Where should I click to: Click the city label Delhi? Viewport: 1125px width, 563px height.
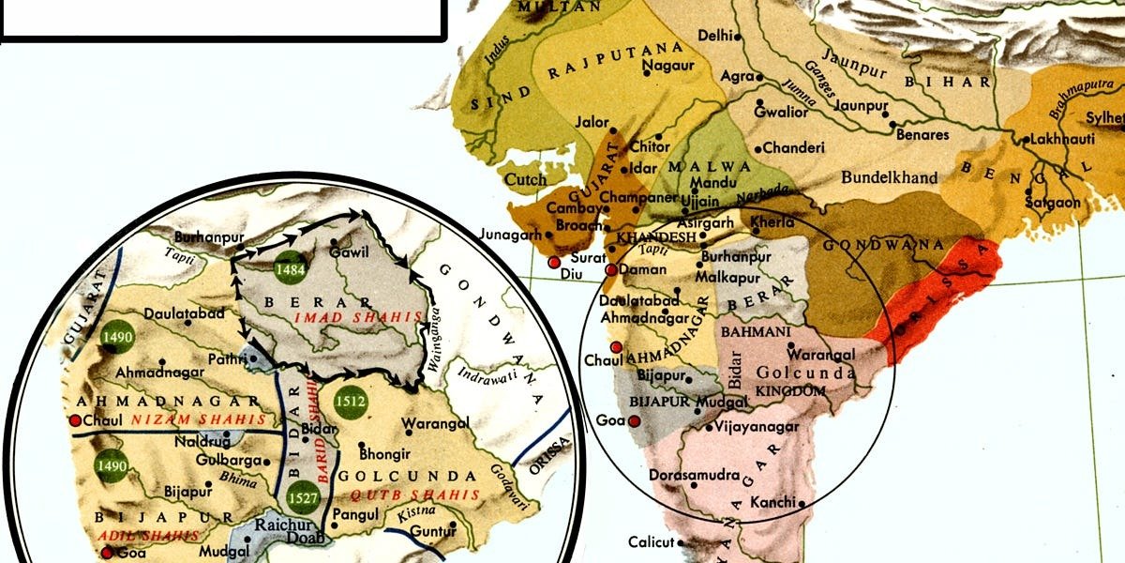pos(714,36)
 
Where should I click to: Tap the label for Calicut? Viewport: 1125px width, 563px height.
pos(651,542)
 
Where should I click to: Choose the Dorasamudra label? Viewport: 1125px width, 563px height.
pos(694,476)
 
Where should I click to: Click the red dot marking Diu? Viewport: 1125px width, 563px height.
pos(555,263)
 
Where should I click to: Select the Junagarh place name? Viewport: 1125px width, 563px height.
pos(510,235)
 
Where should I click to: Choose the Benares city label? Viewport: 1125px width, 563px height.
pos(922,135)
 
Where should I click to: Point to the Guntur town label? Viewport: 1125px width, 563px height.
pos(430,536)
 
